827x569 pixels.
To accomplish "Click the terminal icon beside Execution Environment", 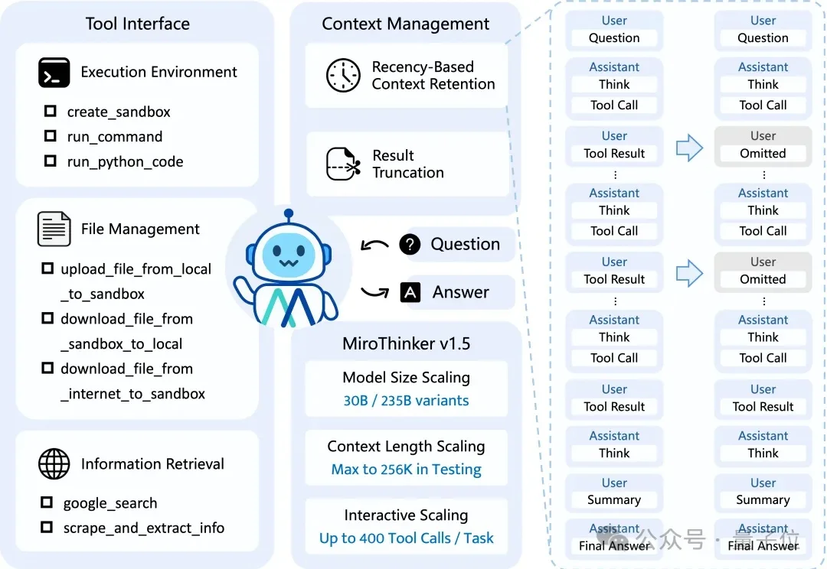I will click(x=54, y=73).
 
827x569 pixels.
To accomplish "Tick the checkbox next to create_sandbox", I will click(x=51, y=112).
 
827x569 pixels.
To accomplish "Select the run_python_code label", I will click(x=125, y=161).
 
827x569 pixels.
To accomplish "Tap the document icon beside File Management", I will click(x=54, y=229).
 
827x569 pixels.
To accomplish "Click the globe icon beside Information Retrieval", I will click(x=54, y=463).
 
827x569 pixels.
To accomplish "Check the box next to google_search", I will click(x=47, y=502).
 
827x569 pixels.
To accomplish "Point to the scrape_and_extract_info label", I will click(x=144, y=528).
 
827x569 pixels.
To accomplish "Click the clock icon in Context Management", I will click(x=343, y=75).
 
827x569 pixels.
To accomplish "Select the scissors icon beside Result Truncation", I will click(x=343, y=163).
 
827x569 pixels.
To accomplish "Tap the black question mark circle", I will click(x=410, y=245).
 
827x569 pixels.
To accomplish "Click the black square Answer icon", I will click(x=410, y=292).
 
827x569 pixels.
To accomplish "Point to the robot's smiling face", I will click(x=288, y=256).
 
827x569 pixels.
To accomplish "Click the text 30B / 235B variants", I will click(x=406, y=400).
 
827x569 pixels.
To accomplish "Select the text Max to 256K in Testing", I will click(x=406, y=469).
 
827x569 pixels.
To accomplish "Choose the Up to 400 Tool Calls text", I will click(x=406, y=538).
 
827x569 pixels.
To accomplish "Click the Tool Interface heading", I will click(x=138, y=24).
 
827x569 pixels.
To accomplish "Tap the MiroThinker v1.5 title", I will click(x=406, y=343).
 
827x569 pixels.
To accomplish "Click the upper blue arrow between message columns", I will click(x=689, y=147).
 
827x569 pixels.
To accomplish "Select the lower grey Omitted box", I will click(x=763, y=279).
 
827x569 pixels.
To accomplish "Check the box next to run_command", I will click(x=51, y=136).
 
